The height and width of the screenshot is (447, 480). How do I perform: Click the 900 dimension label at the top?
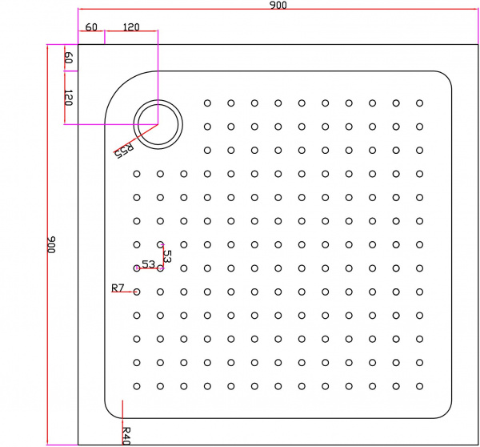point(278,6)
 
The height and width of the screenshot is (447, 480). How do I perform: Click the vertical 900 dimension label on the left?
point(51,244)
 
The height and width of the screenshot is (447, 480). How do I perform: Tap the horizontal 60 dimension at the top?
point(91,27)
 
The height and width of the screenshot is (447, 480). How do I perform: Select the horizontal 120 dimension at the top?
point(131,27)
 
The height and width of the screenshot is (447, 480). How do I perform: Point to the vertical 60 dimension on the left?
point(69,58)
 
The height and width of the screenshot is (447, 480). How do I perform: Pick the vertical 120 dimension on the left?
point(69,98)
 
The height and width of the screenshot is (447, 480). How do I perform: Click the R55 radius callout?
point(124,151)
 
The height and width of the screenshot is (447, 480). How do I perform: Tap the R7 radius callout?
point(118,288)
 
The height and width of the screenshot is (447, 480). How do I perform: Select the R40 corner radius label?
point(126,436)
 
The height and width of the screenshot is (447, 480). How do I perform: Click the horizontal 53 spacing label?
point(149,264)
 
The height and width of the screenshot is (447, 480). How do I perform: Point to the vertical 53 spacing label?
point(167,256)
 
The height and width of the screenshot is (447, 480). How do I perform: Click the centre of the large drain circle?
point(158,124)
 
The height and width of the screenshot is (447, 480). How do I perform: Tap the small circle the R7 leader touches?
point(137,292)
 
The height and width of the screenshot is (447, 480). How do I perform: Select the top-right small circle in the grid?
point(419,103)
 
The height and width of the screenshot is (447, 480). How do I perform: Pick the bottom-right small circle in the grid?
point(419,386)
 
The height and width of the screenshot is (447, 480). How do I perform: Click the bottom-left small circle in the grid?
point(137,386)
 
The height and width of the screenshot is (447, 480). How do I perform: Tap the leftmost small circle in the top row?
point(207,103)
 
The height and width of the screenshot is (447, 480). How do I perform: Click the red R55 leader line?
point(136,139)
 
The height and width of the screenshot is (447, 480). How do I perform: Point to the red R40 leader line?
point(122,422)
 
